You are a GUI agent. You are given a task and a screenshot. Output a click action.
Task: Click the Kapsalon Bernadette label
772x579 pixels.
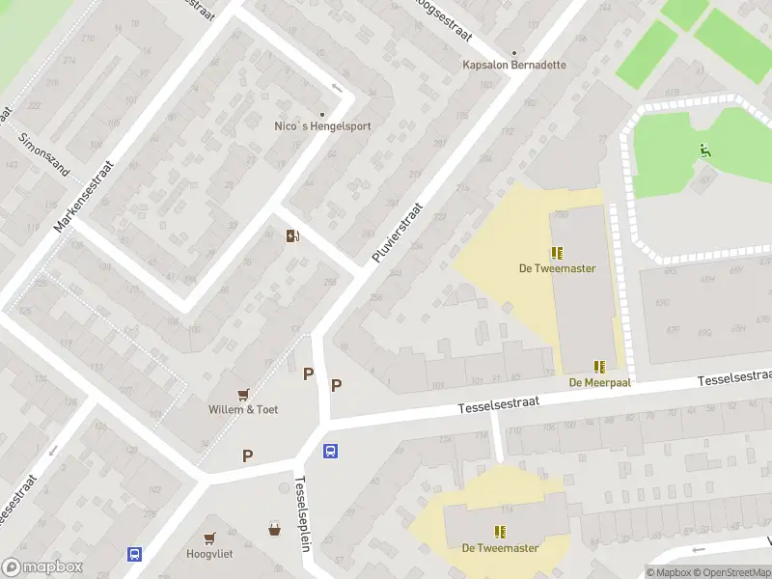(513, 66)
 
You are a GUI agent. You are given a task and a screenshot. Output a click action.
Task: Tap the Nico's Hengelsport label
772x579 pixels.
(322, 126)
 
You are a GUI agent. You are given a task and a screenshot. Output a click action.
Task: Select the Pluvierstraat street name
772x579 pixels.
(397, 234)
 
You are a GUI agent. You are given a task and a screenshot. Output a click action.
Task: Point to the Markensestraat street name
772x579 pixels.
(84, 196)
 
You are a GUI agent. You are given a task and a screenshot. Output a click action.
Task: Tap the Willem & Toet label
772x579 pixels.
(243, 409)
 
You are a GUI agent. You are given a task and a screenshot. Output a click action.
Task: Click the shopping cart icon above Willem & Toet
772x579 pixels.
(243, 393)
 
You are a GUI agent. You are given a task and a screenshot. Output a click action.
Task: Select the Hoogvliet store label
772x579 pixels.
(209, 554)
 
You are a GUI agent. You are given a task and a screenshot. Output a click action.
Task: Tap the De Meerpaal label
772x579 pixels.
(599, 382)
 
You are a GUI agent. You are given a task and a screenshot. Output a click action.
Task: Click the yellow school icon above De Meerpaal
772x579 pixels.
(599, 367)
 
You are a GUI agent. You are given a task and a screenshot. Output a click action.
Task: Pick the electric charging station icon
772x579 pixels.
(292, 235)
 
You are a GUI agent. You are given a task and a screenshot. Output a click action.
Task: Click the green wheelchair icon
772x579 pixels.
(705, 151)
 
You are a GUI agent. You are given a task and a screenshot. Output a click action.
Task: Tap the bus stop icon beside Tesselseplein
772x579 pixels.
(330, 451)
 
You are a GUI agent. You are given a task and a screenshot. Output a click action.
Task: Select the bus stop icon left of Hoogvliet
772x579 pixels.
(134, 554)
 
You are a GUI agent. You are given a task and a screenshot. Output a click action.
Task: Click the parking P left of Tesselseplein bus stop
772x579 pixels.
(248, 455)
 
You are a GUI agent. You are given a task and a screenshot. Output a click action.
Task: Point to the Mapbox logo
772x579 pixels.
(42, 567)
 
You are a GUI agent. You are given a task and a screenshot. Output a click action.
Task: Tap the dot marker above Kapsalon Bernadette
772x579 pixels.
(513, 53)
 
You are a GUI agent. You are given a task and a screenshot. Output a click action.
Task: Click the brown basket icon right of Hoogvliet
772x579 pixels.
(275, 529)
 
